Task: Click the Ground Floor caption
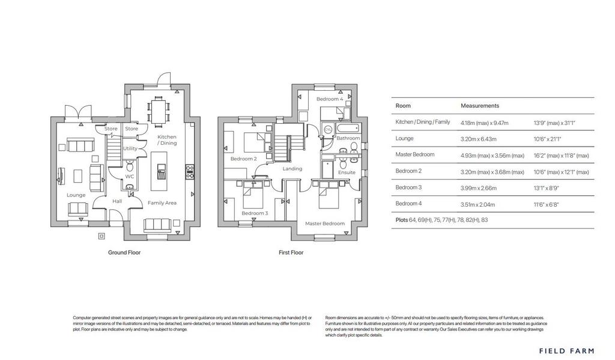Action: tap(124, 252)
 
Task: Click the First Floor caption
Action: tap(291, 252)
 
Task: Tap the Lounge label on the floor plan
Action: tap(76, 195)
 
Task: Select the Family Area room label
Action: tap(162, 203)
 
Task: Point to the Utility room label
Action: tap(130, 148)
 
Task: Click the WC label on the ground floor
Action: tap(129, 177)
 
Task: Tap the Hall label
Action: tap(117, 201)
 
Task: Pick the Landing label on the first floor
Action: tap(292, 169)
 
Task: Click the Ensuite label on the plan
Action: tap(347, 172)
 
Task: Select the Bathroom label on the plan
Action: tap(348, 138)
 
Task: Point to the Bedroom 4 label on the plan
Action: tap(330, 99)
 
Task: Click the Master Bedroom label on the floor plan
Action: tap(325, 224)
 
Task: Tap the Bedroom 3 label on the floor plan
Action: tap(255, 213)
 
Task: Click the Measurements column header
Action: tap(480, 106)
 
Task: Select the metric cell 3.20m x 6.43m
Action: tap(483, 138)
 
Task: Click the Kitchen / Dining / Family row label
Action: tap(422, 122)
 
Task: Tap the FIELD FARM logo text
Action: tap(566, 350)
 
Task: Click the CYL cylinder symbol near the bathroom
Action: tap(328, 129)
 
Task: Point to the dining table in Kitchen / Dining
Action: tap(159, 109)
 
